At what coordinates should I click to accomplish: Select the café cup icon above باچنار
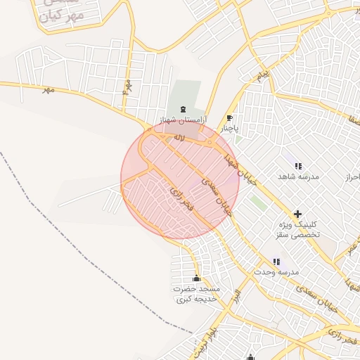point(229,118)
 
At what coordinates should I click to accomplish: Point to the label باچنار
point(227,129)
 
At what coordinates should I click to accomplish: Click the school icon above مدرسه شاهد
point(298,166)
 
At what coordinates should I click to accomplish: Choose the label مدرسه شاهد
point(298,176)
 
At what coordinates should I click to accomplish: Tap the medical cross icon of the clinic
point(297,213)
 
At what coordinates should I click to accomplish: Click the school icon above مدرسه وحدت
point(276,262)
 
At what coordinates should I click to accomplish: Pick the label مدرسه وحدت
point(278,272)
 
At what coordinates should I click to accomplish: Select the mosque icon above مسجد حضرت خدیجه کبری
point(196,278)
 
